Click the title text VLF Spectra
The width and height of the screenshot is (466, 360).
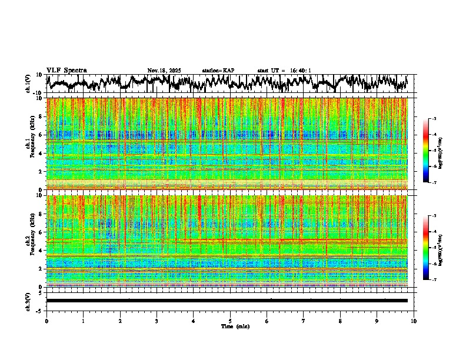tap(66, 71)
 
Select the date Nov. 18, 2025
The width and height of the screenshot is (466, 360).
tap(164, 71)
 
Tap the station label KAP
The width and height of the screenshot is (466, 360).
tap(218, 71)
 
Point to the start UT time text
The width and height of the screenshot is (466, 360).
tap(284, 71)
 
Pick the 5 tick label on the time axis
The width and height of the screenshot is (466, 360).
tap(230, 321)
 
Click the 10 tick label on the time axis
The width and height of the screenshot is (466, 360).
tap(414, 321)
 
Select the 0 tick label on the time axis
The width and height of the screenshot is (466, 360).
tap(46, 321)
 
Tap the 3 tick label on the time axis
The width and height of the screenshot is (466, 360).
tap(157, 321)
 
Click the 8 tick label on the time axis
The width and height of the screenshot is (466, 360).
tap(340, 321)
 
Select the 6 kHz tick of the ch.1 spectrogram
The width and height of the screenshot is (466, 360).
tap(41, 135)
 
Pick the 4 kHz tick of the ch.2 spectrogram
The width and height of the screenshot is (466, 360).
tap(41, 250)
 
